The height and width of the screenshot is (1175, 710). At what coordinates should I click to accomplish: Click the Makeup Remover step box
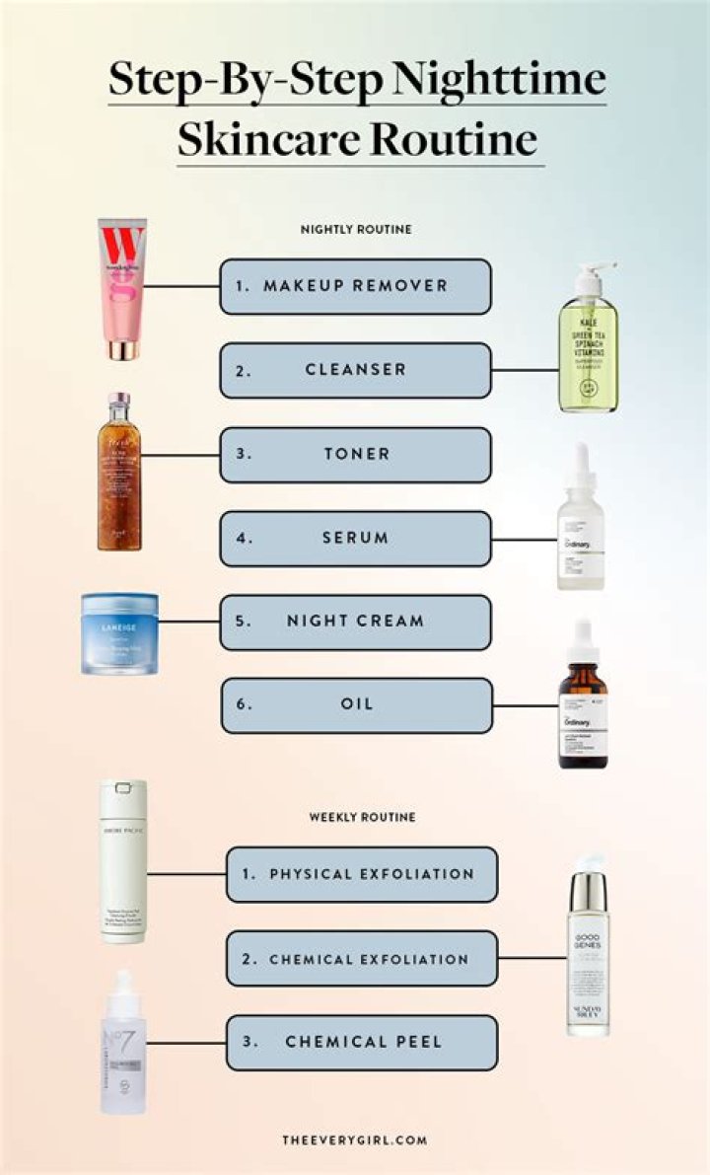tap(355, 286)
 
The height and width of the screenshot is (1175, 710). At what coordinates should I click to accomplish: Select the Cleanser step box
tap(355, 370)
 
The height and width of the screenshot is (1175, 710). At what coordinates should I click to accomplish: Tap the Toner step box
tap(355, 455)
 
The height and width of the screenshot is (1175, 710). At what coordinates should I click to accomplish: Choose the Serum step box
tap(355, 539)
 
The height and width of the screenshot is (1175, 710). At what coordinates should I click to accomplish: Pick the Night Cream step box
tap(355, 622)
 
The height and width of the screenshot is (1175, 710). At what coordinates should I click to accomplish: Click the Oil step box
tap(356, 705)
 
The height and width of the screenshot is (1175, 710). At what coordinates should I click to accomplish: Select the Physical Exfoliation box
tap(361, 874)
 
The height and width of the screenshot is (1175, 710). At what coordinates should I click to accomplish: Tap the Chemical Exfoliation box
tap(361, 959)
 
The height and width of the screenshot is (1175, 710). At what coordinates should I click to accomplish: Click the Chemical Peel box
tap(361, 1043)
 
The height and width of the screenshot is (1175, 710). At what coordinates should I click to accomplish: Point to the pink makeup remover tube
tap(121, 289)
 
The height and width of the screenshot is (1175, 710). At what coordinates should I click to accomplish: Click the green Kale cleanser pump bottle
tap(588, 340)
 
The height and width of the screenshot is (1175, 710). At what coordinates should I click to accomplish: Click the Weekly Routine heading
tap(362, 817)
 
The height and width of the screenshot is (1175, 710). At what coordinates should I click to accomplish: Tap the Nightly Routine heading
tap(356, 229)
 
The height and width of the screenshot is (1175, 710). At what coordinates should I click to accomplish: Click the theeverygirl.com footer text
tap(354, 1139)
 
